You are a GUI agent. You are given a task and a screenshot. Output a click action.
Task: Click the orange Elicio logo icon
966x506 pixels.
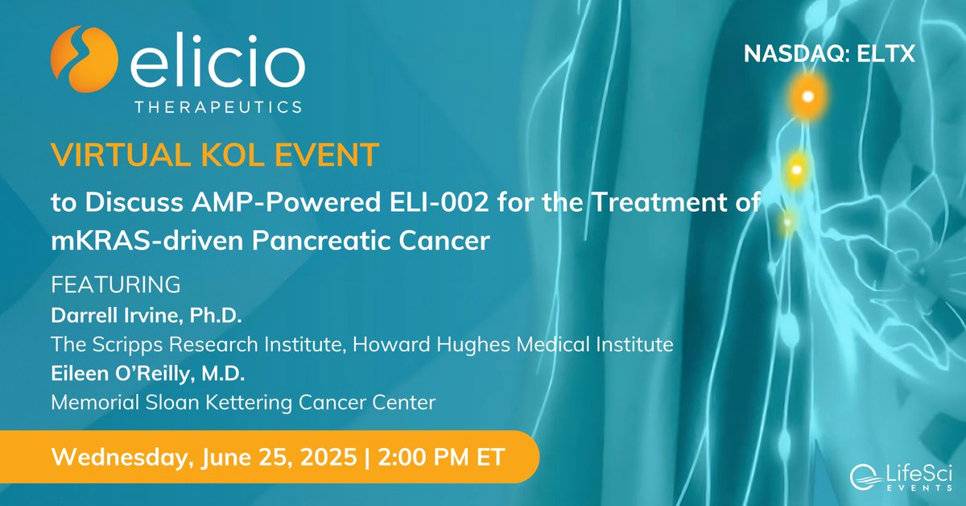(x=80, y=60)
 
